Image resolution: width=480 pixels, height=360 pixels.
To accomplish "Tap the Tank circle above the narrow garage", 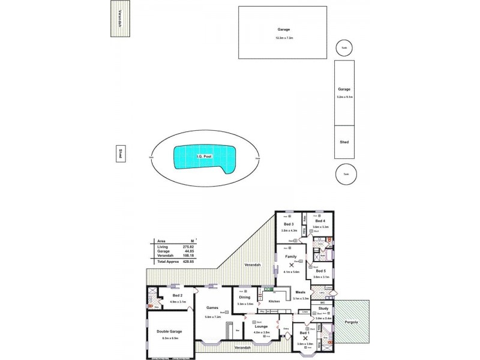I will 344,49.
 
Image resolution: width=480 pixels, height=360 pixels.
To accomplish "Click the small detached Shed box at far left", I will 120,153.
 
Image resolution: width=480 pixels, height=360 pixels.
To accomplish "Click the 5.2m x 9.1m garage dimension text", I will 344,97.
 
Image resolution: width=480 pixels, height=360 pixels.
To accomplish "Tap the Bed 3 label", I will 288,224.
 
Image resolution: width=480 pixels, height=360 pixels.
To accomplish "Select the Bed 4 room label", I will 320,221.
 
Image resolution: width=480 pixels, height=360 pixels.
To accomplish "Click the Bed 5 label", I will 320,271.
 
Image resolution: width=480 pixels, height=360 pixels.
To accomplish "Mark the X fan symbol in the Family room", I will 291,264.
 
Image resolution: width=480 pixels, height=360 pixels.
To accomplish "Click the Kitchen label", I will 274,301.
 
